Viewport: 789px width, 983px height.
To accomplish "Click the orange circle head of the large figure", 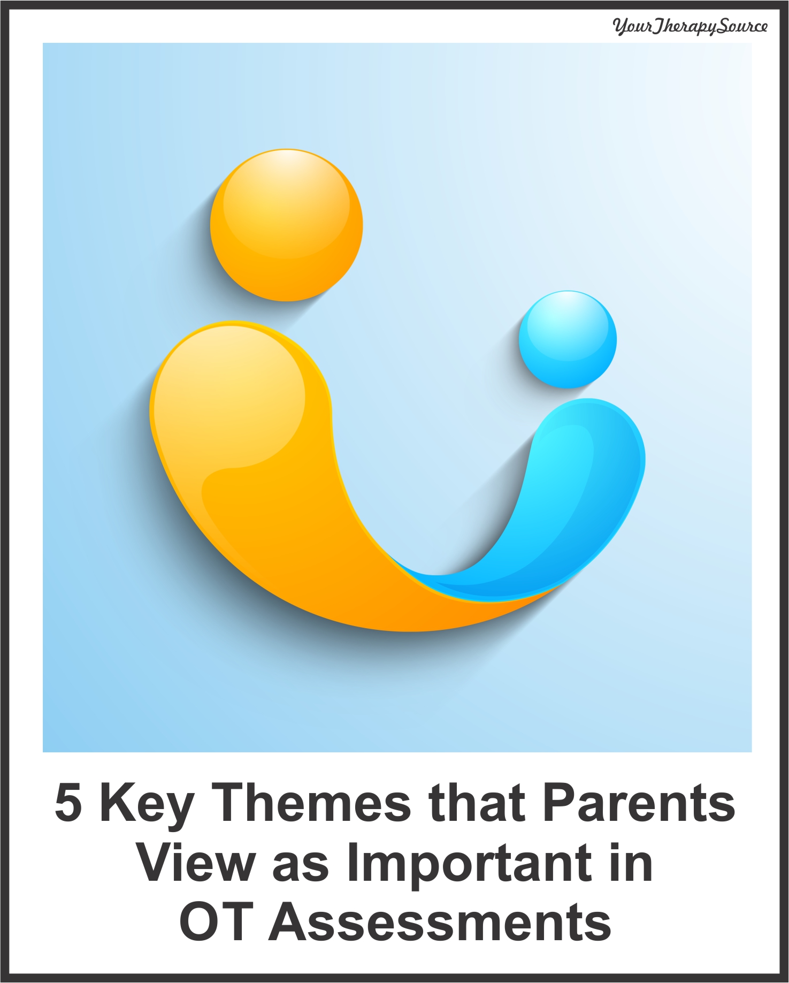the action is (x=286, y=225).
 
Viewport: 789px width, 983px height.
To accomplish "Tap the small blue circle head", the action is (x=568, y=339).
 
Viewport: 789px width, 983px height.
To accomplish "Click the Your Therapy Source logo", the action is (x=690, y=26).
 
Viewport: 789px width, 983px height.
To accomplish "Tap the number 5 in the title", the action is (x=68, y=803).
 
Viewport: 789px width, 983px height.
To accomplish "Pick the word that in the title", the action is (x=477, y=802).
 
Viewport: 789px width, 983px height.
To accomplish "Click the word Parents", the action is (x=639, y=802).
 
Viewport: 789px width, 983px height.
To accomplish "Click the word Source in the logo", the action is (x=742, y=25).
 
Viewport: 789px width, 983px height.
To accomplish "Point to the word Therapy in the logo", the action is (x=684, y=27).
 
